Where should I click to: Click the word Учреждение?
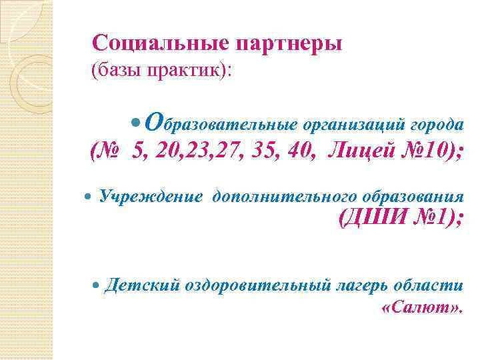click(x=151, y=195)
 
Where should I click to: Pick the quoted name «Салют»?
click(x=423, y=309)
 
